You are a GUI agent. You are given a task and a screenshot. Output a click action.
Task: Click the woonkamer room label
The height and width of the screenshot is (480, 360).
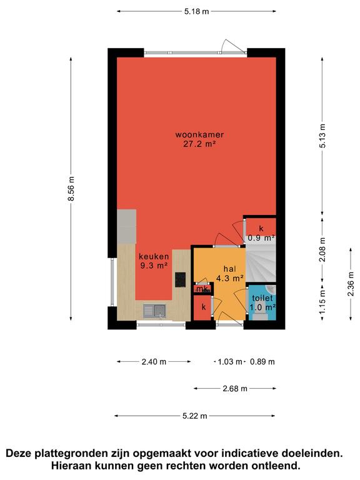[199, 135]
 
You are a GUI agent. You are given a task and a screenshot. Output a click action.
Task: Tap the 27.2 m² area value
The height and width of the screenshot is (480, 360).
[199, 144]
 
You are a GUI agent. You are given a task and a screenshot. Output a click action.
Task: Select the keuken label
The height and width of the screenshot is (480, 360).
[154, 256]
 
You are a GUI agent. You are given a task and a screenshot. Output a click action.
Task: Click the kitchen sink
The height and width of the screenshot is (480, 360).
[154, 311]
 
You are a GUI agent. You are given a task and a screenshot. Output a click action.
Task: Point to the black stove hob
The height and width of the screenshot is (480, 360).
[180, 279]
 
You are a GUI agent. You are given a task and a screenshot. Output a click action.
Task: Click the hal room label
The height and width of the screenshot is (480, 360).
[230, 269]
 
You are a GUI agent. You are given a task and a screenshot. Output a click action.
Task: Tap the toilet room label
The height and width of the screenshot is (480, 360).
[262, 298]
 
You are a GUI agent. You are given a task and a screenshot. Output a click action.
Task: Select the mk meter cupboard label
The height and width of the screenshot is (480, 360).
[202, 289]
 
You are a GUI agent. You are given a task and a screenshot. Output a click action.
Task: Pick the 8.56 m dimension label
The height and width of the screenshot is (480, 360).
[71, 189]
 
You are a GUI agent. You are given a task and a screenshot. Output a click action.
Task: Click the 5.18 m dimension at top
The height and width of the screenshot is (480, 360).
[196, 12]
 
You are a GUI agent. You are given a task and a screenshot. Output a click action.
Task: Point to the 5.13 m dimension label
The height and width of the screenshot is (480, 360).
[322, 136]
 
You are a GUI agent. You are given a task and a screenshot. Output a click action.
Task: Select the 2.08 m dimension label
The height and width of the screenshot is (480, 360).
[322, 250]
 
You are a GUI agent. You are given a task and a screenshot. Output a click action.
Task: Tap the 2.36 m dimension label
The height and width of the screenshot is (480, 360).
[351, 284]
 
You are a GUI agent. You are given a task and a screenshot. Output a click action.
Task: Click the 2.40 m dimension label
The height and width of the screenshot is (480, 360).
[154, 362]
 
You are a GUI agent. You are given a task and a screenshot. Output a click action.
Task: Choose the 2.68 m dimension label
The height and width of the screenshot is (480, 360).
[235, 389]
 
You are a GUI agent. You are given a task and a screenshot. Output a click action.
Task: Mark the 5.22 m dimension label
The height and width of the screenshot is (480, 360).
[195, 416]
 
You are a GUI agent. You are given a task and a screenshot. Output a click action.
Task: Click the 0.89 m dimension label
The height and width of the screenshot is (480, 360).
[262, 362]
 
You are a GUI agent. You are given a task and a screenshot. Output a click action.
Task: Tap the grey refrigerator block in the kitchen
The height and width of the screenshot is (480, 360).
[127, 226]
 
